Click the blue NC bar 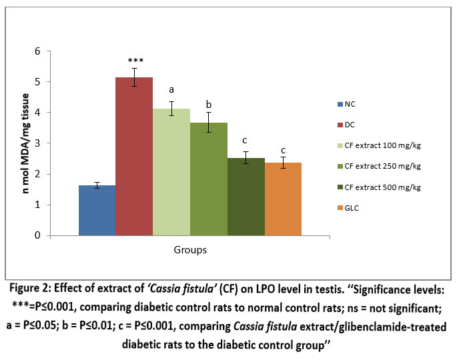pyautogui.click(x=97, y=210)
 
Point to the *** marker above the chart pyautogui.click(x=134, y=61)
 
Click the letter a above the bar pyautogui.click(x=171, y=89)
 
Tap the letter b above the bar pyautogui.click(x=209, y=105)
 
